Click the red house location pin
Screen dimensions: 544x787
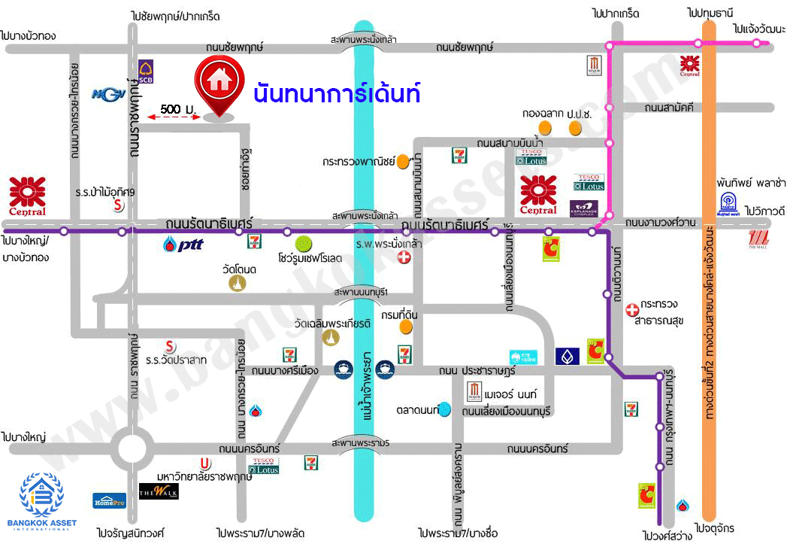[x=219, y=84]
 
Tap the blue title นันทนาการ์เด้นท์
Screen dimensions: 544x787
[x=336, y=94]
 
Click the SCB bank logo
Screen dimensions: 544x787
[x=146, y=71]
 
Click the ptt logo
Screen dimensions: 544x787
[x=183, y=244]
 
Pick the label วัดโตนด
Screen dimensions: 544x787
[x=240, y=269]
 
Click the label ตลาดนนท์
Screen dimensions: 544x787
[x=418, y=410]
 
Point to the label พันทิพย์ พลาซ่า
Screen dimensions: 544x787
[x=750, y=183]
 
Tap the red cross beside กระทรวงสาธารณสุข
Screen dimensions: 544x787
[x=632, y=309]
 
